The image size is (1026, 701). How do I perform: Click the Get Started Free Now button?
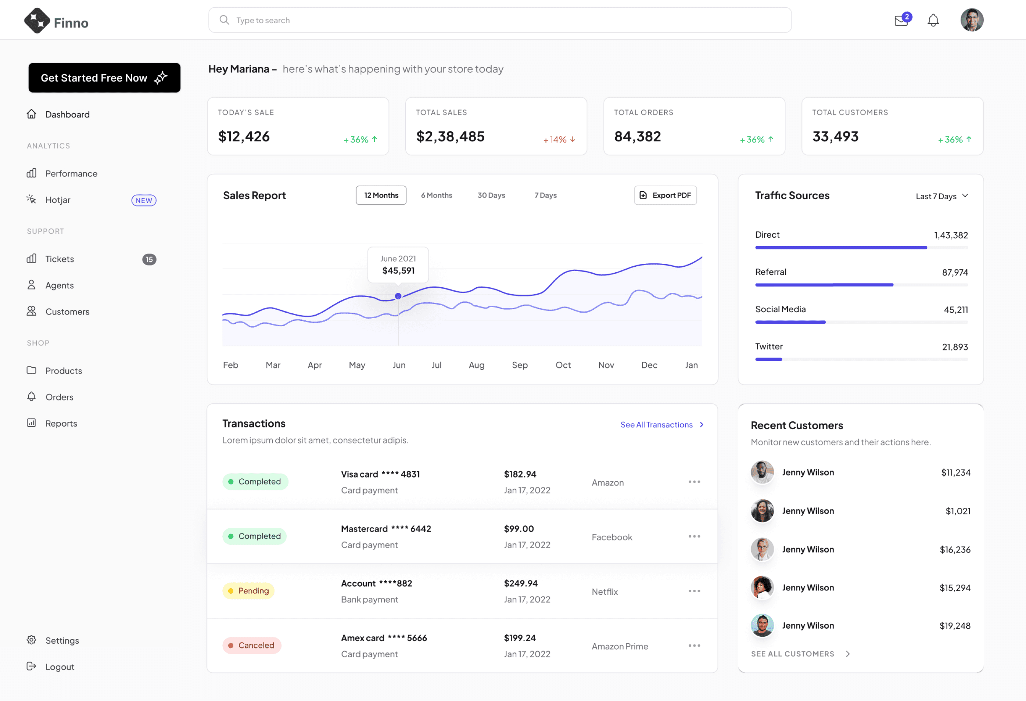pyautogui.click(x=104, y=78)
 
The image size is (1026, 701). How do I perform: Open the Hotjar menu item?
pyautogui.click(x=58, y=200)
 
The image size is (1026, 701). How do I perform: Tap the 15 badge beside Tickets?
pyautogui.click(x=149, y=259)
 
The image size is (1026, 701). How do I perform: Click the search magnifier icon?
pyautogui.click(x=224, y=20)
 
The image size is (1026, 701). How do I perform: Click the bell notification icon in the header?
pyautogui.click(x=933, y=20)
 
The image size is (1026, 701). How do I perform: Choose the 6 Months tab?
pyautogui.click(x=436, y=195)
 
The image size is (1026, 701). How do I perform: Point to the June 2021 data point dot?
pyautogui.click(x=398, y=296)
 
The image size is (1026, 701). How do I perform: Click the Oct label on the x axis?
pyautogui.click(x=563, y=365)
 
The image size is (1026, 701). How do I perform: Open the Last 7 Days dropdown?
pyautogui.click(x=942, y=196)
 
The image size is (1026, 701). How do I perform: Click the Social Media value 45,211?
pyautogui.click(x=956, y=310)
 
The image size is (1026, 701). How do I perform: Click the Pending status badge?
pyautogui.click(x=248, y=591)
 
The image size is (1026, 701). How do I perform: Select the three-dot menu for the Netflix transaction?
pyautogui.click(x=694, y=591)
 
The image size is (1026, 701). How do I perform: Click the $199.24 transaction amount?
pyautogui.click(x=520, y=638)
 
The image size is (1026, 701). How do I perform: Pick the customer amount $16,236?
pyautogui.click(x=955, y=550)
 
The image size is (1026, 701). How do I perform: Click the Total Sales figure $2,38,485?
pyautogui.click(x=450, y=136)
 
